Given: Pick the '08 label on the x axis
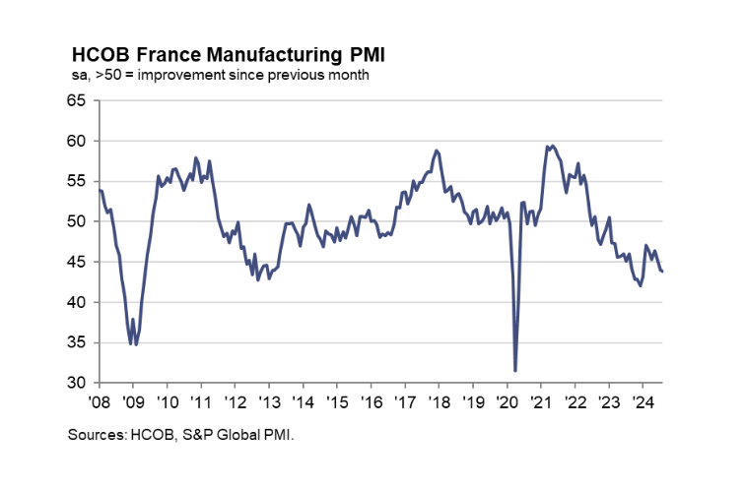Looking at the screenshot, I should coord(99,401).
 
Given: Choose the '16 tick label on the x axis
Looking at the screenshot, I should coord(371,401).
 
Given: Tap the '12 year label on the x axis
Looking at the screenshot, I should coord(235,401).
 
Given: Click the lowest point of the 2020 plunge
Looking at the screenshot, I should coord(515,371).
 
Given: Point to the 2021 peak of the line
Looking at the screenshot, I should coord(552,146).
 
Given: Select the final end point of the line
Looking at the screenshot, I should coord(661,272).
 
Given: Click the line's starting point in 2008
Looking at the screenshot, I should coord(99,190).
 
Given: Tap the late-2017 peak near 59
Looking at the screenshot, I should coord(436,151).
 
